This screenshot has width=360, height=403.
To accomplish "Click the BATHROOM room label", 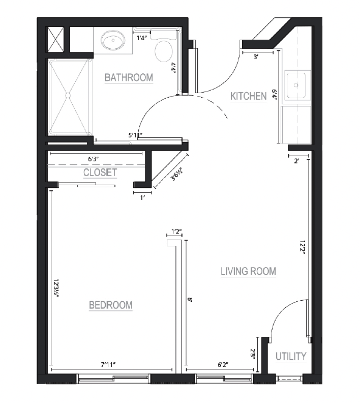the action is tap(129, 77).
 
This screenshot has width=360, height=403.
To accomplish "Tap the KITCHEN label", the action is tap(249, 96).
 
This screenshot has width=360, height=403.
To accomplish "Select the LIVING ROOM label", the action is tap(248, 271).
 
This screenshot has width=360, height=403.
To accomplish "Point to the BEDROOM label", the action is tap(111, 305).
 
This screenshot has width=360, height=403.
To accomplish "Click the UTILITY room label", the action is tap(291, 356).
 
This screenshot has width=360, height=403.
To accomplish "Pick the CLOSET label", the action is tap(100, 172).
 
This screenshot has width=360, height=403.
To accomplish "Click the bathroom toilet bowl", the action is tap(164, 51).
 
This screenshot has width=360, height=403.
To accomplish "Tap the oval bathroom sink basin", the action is tap(113, 41).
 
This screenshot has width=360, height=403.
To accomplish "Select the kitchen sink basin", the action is tap(296, 85).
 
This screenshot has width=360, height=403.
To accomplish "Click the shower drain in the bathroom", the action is tap(68, 95).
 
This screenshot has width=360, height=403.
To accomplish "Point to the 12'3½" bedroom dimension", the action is tap(56, 288).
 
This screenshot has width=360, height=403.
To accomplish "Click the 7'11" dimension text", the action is tap(108, 364).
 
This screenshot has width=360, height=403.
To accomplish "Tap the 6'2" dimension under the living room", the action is tap(223, 364).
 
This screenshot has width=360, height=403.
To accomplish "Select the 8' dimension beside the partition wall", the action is tap(190, 299).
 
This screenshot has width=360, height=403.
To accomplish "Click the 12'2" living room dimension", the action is tap(303, 247).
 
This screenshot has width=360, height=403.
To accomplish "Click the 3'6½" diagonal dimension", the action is tap(177, 174).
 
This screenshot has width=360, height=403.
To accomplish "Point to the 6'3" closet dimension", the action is tap(94, 159).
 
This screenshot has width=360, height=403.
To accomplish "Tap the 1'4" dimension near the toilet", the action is tap(141, 38).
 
